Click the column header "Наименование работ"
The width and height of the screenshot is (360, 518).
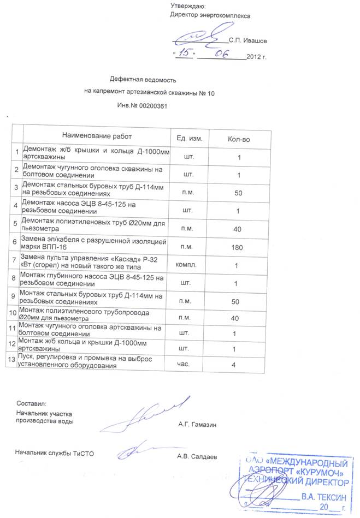tap(97, 136)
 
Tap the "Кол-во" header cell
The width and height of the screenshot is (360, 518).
tap(238, 140)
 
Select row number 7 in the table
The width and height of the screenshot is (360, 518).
tap(15, 263)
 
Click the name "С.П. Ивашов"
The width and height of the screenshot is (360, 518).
tap(248, 40)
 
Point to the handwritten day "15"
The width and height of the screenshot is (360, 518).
tap(185, 53)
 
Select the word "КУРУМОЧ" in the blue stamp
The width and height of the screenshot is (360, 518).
tap(323, 471)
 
